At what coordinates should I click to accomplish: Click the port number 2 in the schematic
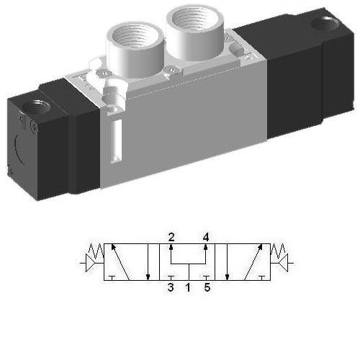171,237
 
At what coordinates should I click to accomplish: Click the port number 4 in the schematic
206,237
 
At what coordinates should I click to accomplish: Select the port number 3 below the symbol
171,289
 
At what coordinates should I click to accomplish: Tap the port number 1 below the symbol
189,289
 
